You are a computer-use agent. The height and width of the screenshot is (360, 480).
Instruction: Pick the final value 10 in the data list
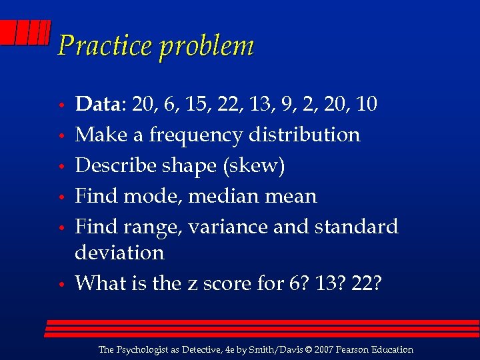pos(366,104)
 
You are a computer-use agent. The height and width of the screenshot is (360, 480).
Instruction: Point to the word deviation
pos(119,253)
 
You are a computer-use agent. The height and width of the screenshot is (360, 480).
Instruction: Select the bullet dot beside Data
pos(61,105)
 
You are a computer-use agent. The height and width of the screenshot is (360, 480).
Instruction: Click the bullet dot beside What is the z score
pos(61,285)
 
